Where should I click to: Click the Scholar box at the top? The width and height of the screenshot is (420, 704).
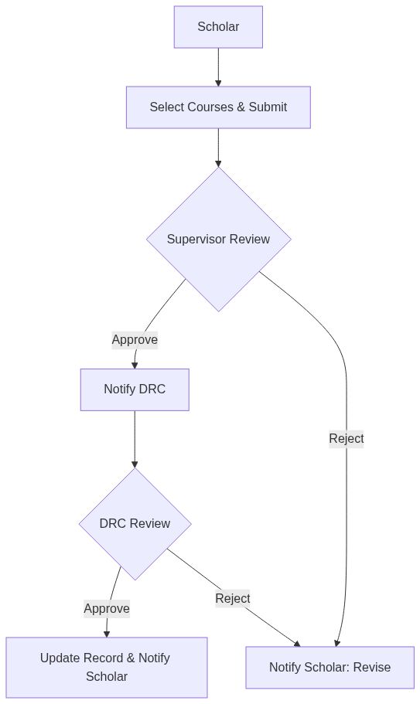pos(218,27)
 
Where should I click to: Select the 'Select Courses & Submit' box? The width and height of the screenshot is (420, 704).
pos(218,107)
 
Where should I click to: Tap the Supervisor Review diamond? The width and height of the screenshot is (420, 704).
pos(218,239)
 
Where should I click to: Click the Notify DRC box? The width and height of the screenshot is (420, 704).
pos(135,389)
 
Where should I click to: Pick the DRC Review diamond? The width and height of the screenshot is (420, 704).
pos(135,524)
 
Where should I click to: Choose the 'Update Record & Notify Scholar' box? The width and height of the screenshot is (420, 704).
pos(106,667)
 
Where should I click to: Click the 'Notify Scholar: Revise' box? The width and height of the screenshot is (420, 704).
pos(330,668)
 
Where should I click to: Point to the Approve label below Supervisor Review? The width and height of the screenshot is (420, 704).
pos(135,339)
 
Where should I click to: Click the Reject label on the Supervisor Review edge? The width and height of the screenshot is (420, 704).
pos(346,438)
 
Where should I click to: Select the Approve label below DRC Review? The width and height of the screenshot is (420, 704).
pos(107,608)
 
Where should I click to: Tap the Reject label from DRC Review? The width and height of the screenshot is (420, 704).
pos(232,598)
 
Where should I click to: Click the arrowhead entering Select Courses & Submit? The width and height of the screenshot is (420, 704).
pos(218,82)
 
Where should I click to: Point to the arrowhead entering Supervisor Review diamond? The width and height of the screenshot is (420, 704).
pos(218,163)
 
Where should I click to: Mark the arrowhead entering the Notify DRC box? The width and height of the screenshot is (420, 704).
pos(135,365)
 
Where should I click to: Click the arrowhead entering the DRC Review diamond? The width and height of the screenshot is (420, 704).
pos(135,464)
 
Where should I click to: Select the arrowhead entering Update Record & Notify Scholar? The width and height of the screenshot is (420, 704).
pos(106,633)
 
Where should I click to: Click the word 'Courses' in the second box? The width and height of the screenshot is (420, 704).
pos(211,107)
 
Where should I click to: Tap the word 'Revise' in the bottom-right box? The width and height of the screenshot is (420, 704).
pos(372,668)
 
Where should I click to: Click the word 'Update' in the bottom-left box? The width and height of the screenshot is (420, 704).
pos(59,658)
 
